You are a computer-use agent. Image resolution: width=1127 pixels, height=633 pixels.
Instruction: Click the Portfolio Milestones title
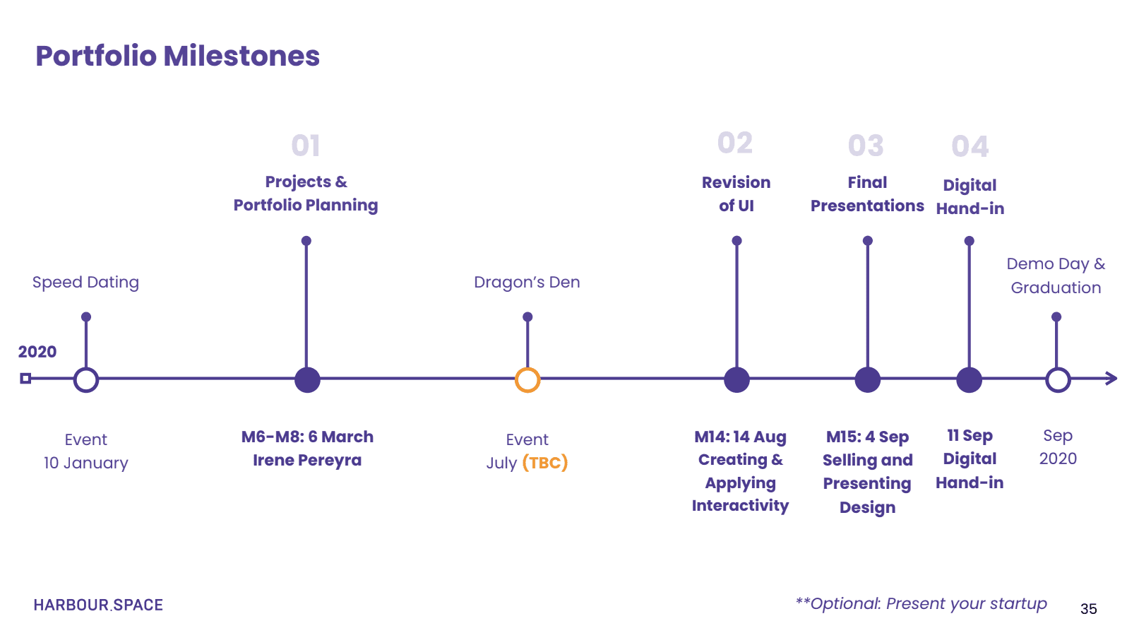[177, 56]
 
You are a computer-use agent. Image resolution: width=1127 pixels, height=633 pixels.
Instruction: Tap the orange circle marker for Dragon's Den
[527, 379]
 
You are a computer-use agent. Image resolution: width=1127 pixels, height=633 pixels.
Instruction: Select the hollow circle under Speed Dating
[86, 379]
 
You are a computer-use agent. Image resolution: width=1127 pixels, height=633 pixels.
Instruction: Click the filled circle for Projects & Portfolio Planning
[307, 379]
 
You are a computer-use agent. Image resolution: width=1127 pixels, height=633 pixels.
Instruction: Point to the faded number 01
[306, 146]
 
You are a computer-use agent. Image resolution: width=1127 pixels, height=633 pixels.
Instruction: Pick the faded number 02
[735, 143]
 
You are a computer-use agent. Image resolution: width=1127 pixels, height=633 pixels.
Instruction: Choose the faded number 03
[866, 146]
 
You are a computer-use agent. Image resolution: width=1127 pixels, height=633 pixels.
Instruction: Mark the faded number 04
[970, 147]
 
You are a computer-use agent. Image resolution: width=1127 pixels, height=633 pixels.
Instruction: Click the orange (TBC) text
[545, 463]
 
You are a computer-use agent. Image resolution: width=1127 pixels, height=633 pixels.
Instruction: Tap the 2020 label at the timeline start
[37, 352]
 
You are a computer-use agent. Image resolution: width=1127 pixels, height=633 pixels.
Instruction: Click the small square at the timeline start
[25, 379]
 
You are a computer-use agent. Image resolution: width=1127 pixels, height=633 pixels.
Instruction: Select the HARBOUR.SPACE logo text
[98, 605]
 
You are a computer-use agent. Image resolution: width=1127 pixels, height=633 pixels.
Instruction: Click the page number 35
[1088, 609]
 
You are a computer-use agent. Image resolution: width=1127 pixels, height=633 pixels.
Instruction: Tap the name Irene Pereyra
[307, 460]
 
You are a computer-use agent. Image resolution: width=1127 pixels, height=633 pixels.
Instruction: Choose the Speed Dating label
[85, 282]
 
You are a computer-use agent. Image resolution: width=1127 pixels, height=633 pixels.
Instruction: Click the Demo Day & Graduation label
[1056, 276]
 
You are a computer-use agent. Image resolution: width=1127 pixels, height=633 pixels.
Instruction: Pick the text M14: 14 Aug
[740, 437]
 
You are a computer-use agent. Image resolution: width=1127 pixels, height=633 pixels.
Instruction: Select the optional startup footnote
[921, 603]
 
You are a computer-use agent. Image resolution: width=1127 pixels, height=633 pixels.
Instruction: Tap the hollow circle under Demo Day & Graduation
[1058, 379]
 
